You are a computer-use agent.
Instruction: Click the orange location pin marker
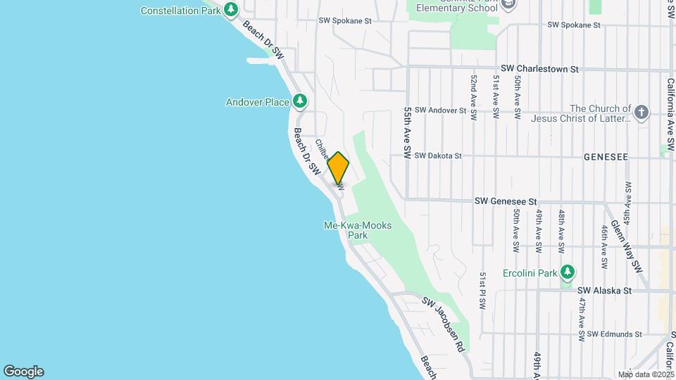338,168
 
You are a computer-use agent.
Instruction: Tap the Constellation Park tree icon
231,10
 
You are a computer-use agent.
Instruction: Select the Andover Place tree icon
301,102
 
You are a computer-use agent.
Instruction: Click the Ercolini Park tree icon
568,272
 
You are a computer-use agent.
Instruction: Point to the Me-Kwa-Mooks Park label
357,230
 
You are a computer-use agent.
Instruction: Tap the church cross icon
641,113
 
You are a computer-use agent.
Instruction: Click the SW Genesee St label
506,201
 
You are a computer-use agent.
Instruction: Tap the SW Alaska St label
605,290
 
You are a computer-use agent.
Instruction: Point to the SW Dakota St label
437,156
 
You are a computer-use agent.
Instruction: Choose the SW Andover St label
441,110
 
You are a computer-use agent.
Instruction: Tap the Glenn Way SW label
627,246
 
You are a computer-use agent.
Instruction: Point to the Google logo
23,372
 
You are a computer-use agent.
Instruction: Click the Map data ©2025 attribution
645,374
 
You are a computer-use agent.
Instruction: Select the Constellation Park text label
181,11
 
